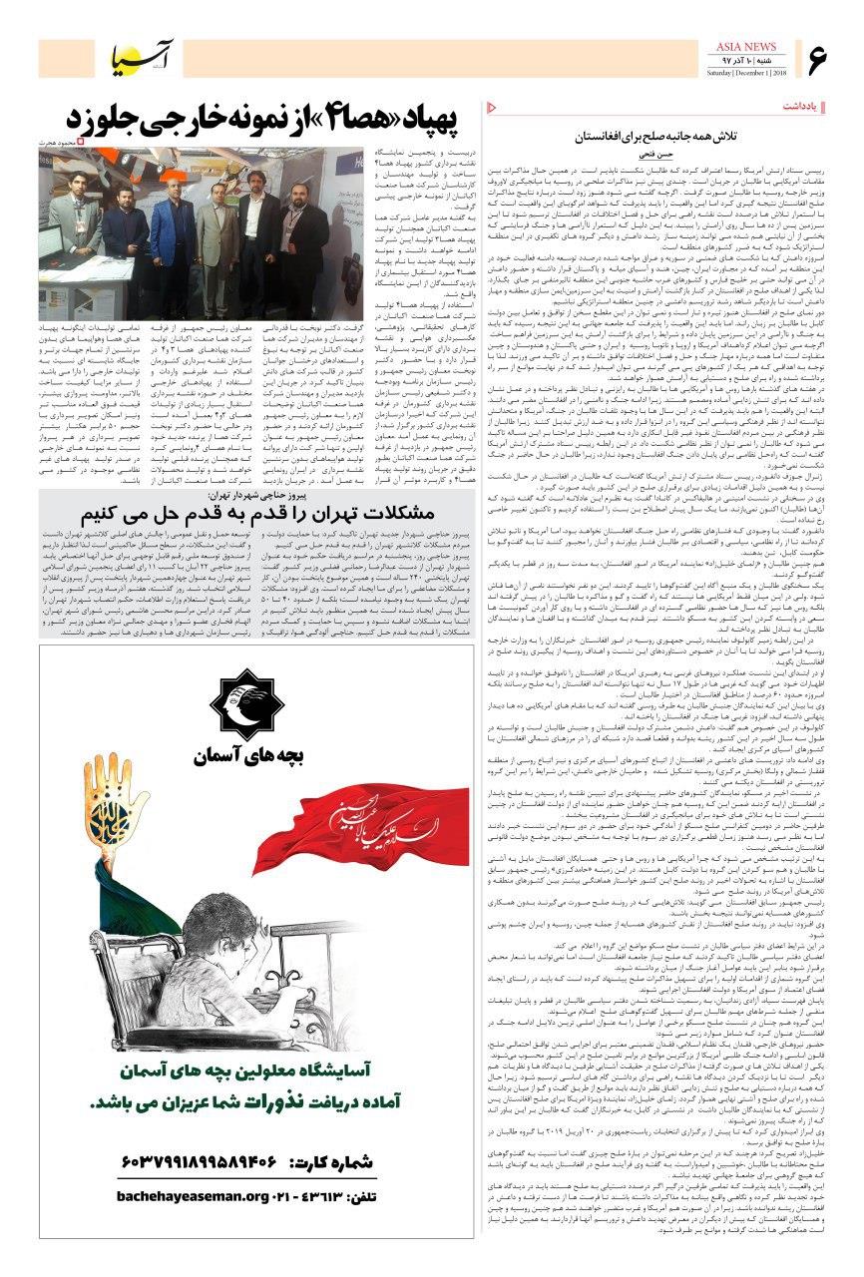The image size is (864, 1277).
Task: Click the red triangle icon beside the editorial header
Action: [491, 106]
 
